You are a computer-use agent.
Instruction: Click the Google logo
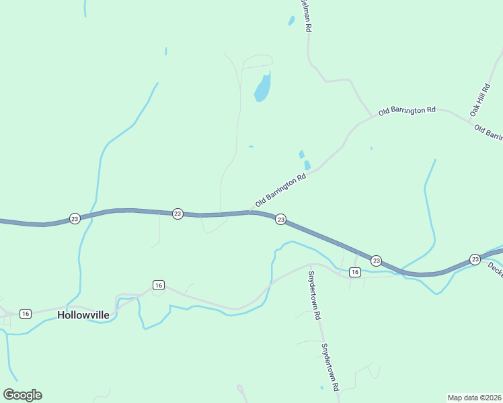(x=22, y=395)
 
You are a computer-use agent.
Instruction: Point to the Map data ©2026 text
(x=474, y=397)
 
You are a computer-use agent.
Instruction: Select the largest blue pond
(x=262, y=88)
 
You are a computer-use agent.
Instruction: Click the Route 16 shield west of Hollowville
(x=26, y=314)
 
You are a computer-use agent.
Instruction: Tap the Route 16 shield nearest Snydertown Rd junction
(x=355, y=272)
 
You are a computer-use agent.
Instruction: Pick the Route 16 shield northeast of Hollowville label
(x=158, y=285)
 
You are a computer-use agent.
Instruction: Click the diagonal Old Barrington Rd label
(x=281, y=191)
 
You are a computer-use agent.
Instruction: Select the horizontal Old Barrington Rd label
(x=407, y=111)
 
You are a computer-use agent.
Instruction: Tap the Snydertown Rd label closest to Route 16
(x=313, y=294)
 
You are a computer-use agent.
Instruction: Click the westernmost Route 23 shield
(x=75, y=219)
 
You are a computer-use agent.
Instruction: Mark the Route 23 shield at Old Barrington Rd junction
(x=281, y=220)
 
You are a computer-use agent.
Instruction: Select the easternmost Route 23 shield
(x=475, y=259)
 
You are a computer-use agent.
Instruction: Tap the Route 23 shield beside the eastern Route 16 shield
(x=376, y=261)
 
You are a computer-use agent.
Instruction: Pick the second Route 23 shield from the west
(x=178, y=214)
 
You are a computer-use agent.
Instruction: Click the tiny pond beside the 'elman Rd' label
(x=291, y=21)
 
